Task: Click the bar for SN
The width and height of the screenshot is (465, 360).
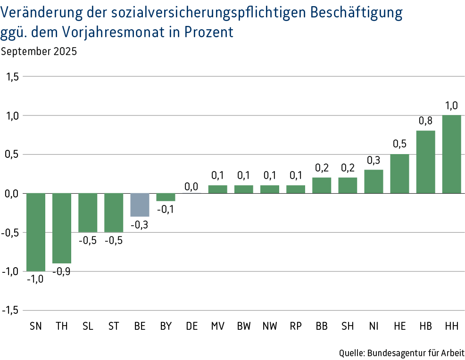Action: (36, 232)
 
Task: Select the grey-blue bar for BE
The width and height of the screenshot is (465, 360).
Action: (140, 205)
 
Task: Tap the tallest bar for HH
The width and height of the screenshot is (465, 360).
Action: (451, 154)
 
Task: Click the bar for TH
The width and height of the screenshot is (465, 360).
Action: (62, 228)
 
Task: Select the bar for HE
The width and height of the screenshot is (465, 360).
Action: (399, 173)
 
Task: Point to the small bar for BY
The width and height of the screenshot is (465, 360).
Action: (166, 197)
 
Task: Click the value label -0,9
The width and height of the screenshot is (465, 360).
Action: (62, 271)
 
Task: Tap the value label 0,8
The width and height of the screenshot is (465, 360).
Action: (425, 121)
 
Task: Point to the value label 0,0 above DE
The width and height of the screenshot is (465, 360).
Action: (191, 187)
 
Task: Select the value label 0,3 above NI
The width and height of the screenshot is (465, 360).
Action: (374, 160)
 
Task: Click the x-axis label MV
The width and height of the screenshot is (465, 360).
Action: (217, 326)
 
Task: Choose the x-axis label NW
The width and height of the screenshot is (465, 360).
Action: (270, 326)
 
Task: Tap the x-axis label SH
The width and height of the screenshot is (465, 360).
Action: (348, 326)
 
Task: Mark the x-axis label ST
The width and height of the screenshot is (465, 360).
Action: (114, 326)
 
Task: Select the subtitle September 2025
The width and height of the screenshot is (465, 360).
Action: (39, 51)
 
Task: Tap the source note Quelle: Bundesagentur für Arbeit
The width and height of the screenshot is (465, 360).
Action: (402, 352)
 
